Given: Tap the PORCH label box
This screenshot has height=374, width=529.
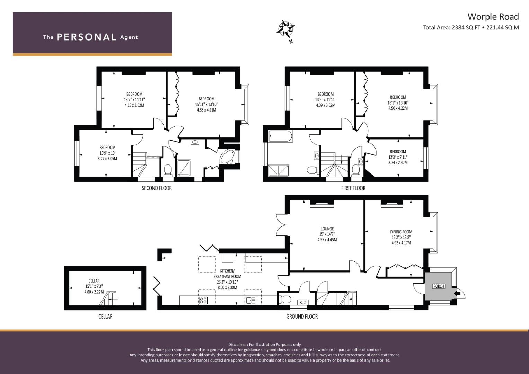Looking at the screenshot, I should (x=439, y=286).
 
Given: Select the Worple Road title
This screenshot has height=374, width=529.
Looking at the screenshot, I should (x=493, y=17).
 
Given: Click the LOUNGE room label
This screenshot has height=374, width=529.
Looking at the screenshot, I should (x=327, y=229).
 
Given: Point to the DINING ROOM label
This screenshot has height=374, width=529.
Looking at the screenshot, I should (x=401, y=232).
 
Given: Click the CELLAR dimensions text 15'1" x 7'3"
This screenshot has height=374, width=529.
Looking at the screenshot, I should (x=94, y=286).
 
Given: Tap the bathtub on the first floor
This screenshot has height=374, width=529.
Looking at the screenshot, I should (x=280, y=136).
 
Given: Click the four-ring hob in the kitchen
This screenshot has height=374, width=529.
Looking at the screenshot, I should (x=203, y=301).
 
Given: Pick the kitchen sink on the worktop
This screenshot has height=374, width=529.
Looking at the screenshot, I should (x=250, y=301).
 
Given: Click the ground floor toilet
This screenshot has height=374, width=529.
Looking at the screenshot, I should (x=285, y=299).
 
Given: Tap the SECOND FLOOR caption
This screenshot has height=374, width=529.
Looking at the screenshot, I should (x=157, y=188).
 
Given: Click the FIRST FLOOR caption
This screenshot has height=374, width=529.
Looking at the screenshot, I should (x=353, y=188).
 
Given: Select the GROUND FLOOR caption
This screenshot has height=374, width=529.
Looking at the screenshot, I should (x=302, y=316).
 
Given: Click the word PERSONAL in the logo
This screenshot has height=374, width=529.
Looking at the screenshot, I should (x=86, y=37).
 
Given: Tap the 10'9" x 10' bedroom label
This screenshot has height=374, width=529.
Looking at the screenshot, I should (x=107, y=153).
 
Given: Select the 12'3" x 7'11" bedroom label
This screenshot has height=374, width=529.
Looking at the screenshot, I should (x=398, y=157).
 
